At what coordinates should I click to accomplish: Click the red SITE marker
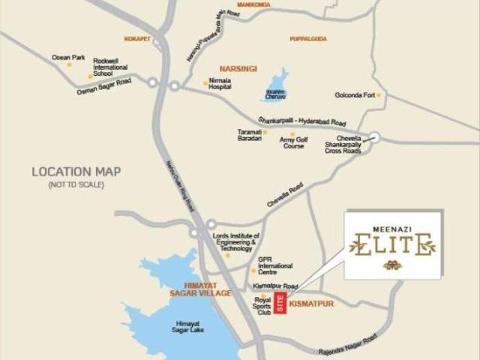pos(280,303)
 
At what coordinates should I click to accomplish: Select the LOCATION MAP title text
pos(76,172)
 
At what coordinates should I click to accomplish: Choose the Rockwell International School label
pos(110,67)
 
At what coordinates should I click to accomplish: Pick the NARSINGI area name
pos(238,68)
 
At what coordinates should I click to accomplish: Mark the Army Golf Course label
pos(292,142)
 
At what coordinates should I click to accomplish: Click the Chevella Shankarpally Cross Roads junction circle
pos(374,137)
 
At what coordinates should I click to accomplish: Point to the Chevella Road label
pos(285,195)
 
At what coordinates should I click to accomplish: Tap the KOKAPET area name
pos(137,37)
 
